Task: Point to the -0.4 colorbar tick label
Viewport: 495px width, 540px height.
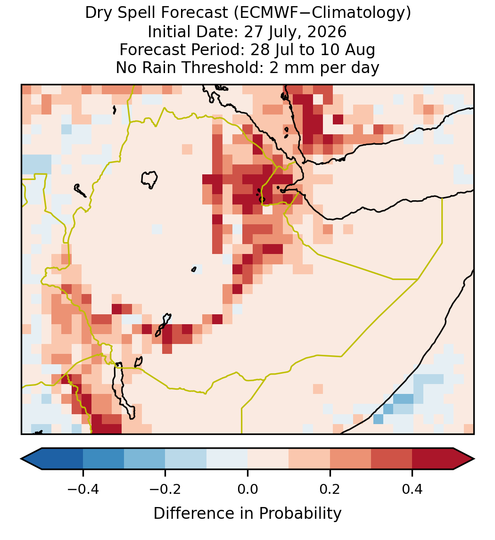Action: [x=83, y=489]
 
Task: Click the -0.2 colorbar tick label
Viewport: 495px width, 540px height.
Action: [x=165, y=489]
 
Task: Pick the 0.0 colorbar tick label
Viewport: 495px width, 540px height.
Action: [x=247, y=489]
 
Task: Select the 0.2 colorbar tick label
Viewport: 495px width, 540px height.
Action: [x=330, y=489]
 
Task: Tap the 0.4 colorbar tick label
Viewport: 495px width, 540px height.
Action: [x=412, y=489]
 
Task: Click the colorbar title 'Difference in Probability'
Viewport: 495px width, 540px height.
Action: [x=247, y=514]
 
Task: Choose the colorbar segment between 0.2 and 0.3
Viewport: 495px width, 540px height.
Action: [x=350, y=459]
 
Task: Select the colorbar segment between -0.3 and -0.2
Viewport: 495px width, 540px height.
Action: [x=145, y=459]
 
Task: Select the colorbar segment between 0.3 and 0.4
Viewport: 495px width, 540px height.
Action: [x=392, y=459]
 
